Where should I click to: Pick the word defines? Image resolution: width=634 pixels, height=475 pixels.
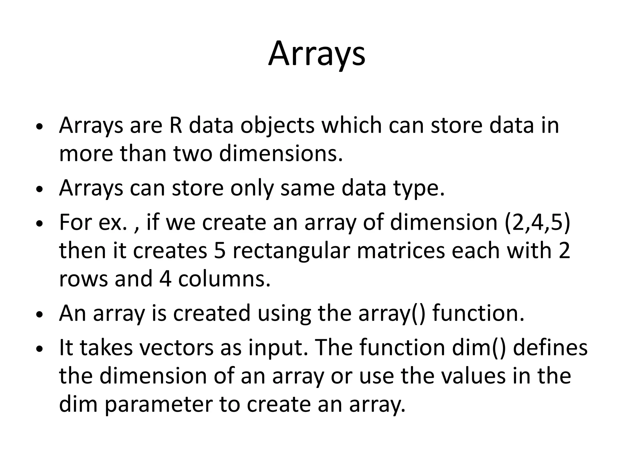550,348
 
